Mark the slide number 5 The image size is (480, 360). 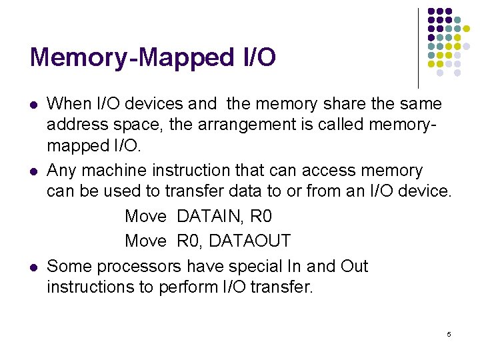pyautogui.click(x=449, y=333)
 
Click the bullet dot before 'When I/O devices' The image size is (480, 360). pyautogui.click(x=33, y=105)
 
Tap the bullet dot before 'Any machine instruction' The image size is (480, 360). pyautogui.click(x=33, y=172)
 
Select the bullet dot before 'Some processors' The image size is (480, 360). pyautogui.click(x=33, y=267)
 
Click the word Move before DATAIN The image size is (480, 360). pyautogui.click(x=145, y=217)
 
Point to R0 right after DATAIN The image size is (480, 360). pyautogui.click(x=261, y=217)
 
